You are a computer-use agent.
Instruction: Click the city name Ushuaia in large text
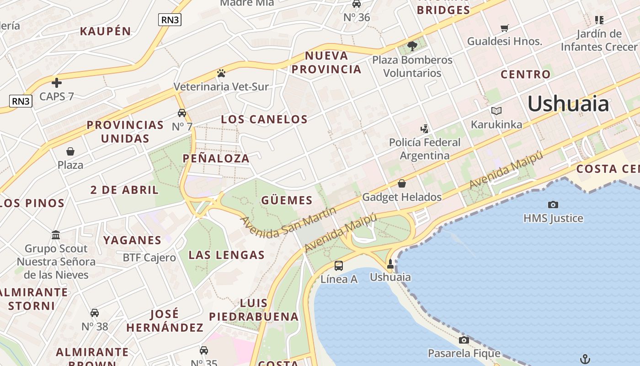click(568, 104)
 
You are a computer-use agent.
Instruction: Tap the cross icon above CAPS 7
click(56, 83)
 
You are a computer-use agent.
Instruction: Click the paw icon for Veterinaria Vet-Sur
click(221, 73)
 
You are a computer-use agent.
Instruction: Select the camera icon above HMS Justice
click(553, 205)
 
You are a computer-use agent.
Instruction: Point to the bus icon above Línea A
click(339, 265)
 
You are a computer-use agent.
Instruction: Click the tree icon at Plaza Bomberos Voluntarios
click(412, 46)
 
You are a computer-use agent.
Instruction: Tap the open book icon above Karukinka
click(496, 111)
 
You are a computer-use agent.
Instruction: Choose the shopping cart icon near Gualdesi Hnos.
click(505, 28)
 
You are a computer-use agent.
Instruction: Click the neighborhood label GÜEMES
click(287, 200)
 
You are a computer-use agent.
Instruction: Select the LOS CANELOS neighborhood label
click(264, 119)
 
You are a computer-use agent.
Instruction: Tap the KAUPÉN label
click(106, 32)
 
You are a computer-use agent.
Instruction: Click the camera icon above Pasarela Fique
click(464, 340)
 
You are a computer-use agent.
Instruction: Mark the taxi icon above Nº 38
click(95, 313)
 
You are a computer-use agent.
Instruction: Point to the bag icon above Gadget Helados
click(402, 183)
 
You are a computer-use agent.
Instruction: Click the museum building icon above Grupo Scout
click(56, 235)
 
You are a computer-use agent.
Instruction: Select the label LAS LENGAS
click(227, 255)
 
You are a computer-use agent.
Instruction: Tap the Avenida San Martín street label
click(288, 222)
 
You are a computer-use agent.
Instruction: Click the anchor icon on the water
click(585, 359)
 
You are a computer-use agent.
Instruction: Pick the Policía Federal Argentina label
click(425, 149)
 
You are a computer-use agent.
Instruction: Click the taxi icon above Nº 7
click(182, 113)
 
